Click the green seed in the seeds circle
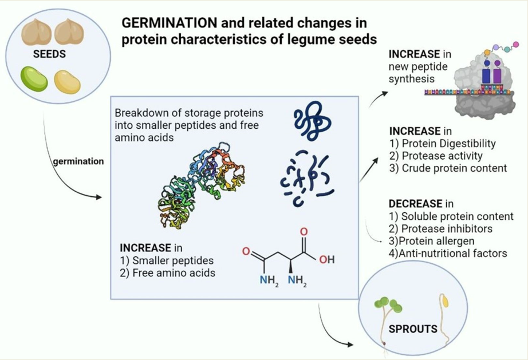(34, 79)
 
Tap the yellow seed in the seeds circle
(68, 81)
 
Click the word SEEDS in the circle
(49, 54)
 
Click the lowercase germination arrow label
(78, 161)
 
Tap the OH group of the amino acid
(327, 260)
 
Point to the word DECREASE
(415, 204)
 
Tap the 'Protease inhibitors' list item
(447, 229)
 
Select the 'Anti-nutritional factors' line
(452, 254)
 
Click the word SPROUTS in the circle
(413, 329)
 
